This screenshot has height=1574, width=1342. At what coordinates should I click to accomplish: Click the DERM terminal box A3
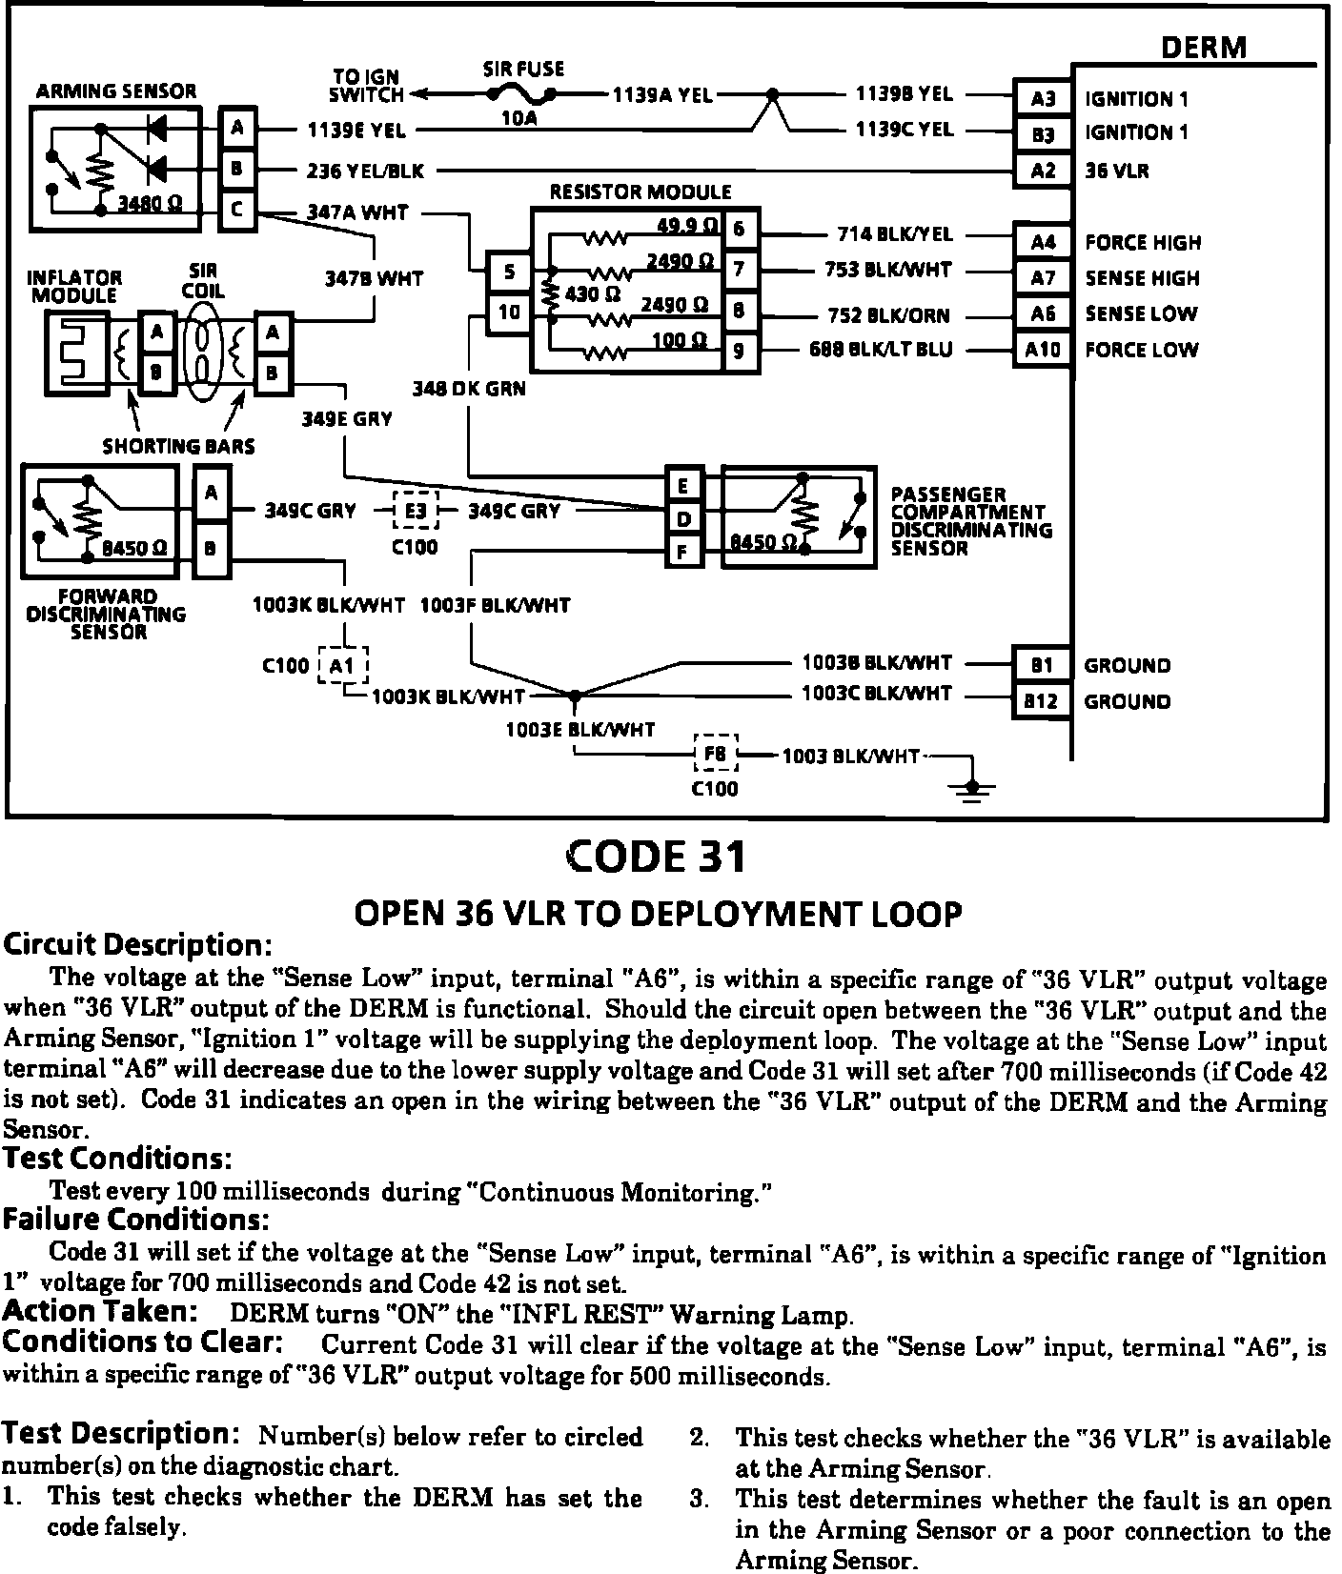click(1043, 97)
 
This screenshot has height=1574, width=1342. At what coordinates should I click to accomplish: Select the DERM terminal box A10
click(1043, 350)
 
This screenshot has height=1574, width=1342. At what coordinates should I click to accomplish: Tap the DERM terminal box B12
click(1041, 701)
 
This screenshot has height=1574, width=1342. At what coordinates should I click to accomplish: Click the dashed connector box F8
click(715, 755)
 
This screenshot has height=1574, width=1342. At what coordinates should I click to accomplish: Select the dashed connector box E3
click(416, 512)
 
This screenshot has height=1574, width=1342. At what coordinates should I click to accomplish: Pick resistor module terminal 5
click(510, 272)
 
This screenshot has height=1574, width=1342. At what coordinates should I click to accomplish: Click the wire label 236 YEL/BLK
click(365, 172)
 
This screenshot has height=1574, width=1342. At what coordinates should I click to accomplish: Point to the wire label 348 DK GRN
click(469, 389)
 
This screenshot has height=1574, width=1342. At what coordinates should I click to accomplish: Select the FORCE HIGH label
click(1142, 243)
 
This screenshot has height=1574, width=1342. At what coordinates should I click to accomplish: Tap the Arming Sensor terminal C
click(237, 210)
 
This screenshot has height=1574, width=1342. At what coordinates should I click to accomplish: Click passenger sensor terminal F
click(683, 551)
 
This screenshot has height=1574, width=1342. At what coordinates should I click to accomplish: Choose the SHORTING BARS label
click(178, 446)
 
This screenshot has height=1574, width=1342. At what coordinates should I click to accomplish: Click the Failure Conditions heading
click(136, 1220)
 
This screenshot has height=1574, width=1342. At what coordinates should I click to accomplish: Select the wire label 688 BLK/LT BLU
click(880, 350)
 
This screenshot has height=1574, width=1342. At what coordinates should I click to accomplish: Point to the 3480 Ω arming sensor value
click(151, 204)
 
